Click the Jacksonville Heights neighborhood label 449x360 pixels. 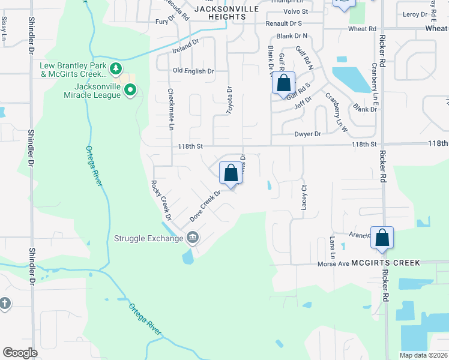[227, 13]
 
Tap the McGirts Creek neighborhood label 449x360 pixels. [385, 263]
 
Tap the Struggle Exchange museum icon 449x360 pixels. [193, 238]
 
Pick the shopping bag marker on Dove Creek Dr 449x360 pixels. [231, 174]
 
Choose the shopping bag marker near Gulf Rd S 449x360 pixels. [284, 83]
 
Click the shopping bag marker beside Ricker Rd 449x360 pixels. [382, 238]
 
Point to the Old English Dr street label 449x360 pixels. [193, 71]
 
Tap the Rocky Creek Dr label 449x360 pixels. [161, 200]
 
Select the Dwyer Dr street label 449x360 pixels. [308, 134]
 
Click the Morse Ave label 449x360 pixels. [333, 263]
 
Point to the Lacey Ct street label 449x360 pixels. [304, 197]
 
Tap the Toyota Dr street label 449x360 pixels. [229, 100]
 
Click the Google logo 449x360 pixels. [20, 353]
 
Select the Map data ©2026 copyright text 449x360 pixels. [423, 355]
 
